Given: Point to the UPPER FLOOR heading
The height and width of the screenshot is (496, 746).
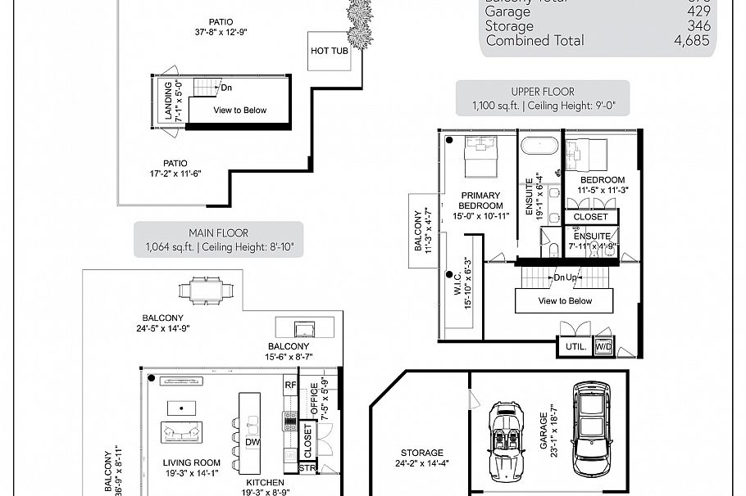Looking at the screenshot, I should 543,92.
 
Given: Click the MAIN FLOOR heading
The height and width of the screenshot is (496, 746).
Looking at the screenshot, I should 219,233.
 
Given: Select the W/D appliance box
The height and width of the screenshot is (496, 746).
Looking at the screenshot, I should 603,347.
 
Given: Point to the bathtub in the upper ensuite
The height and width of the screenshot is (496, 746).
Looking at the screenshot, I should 539,150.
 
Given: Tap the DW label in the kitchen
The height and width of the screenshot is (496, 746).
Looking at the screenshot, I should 253,443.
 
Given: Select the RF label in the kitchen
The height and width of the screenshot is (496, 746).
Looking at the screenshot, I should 289,384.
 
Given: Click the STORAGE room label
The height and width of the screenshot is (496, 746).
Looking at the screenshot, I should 422,453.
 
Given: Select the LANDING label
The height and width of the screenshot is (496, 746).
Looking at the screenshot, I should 168,101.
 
